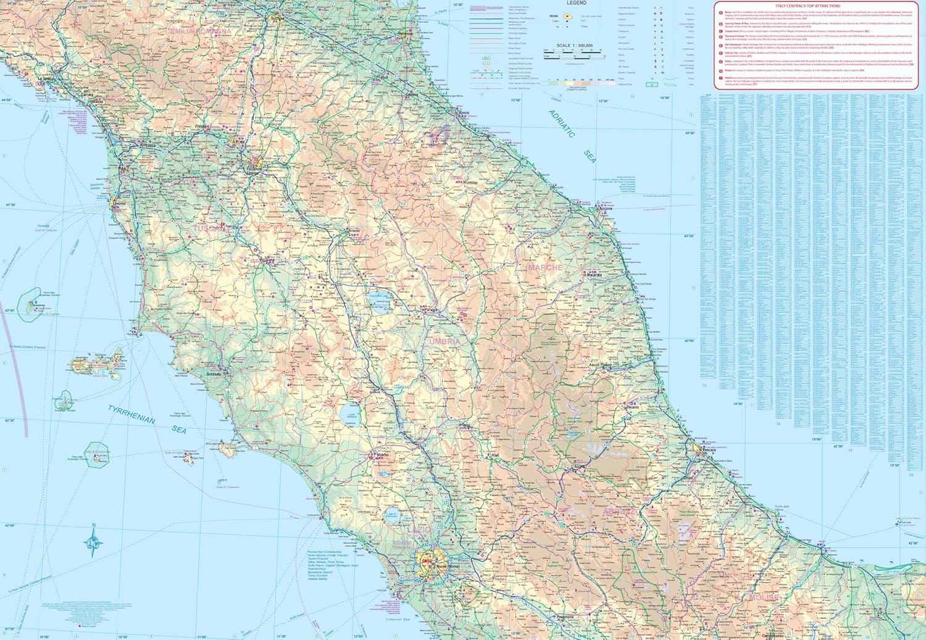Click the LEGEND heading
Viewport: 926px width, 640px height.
click(577, 3)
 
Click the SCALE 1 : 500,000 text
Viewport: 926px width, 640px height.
click(574, 46)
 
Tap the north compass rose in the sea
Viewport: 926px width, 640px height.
click(94, 541)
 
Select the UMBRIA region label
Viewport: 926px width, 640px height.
click(443, 341)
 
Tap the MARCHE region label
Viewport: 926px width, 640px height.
click(545, 268)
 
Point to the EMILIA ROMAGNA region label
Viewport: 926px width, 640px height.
click(201, 31)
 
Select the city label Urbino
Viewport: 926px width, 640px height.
click(472, 184)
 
